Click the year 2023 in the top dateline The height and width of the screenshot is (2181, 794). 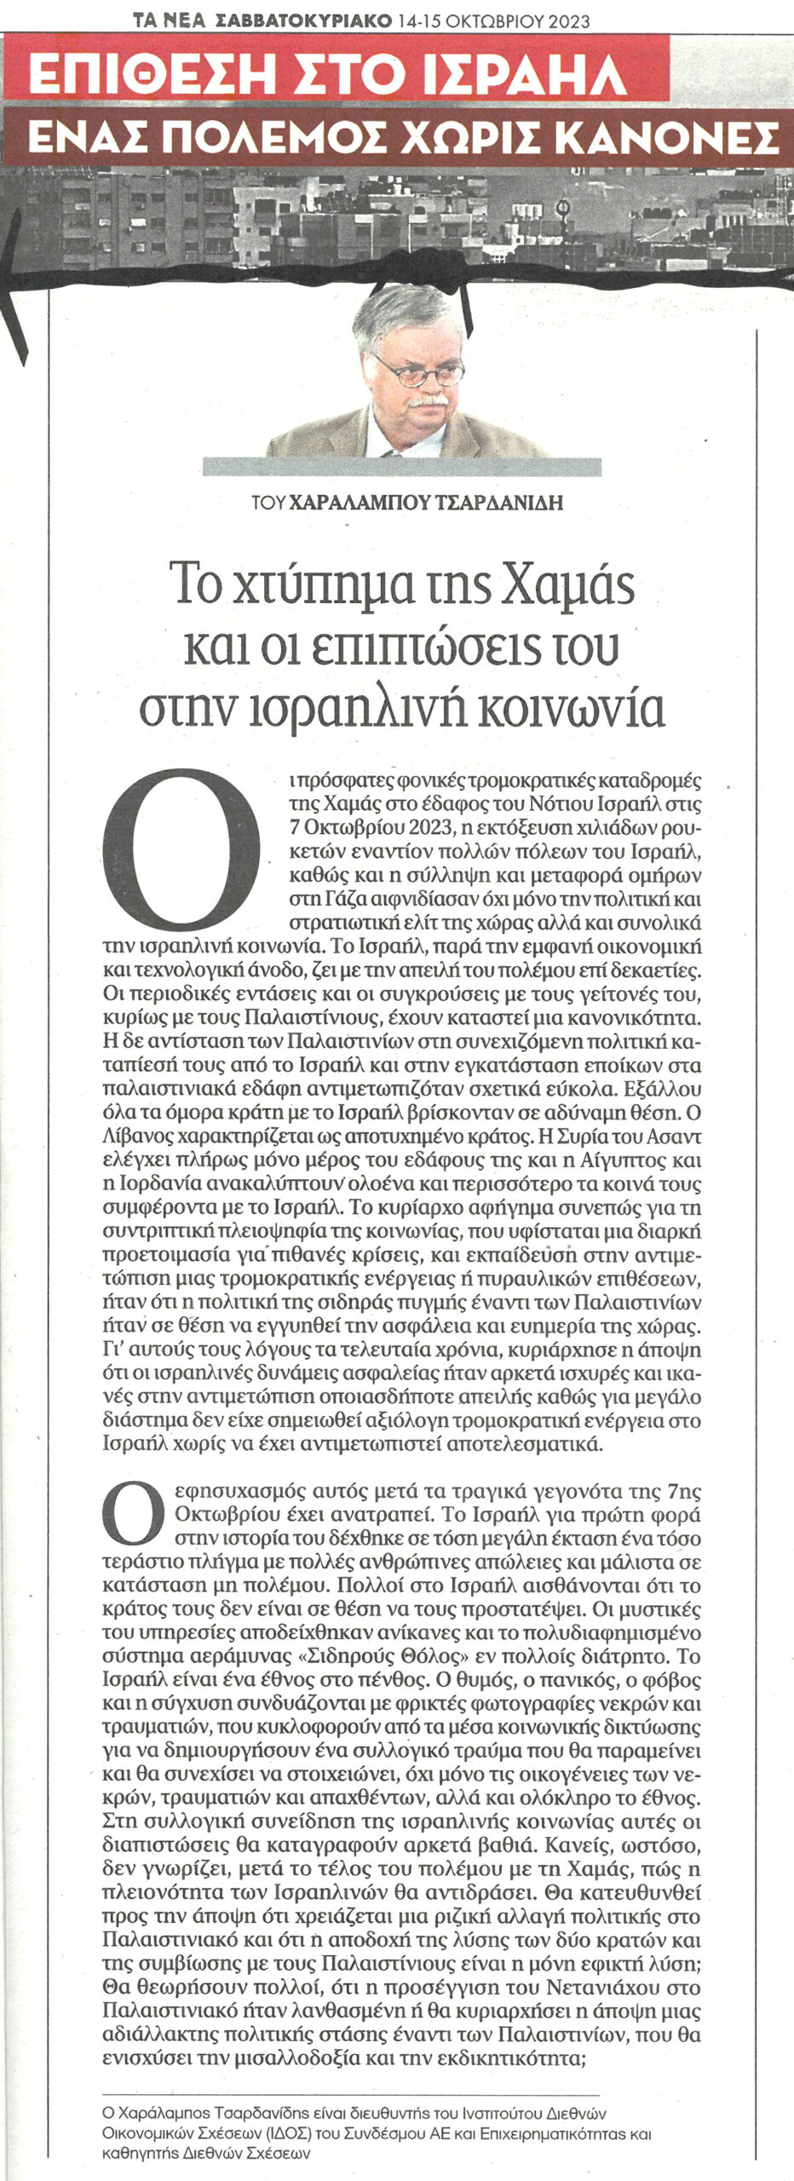coord(560,21)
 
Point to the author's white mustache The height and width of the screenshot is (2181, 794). coord(426,399)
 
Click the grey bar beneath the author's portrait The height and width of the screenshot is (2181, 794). coord(401,467)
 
